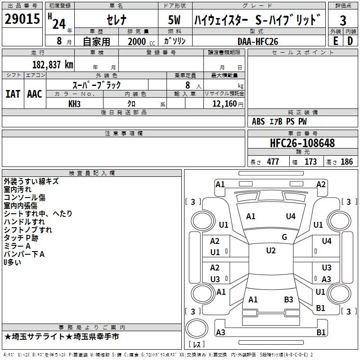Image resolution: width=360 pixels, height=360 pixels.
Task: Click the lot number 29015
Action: pyautogui.click(x=22, y=19)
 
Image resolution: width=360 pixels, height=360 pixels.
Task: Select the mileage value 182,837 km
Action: pyautogui.click(x=53, y=65)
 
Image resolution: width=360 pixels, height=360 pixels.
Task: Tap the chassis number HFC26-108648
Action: pyautogui.click(x=302, y=143)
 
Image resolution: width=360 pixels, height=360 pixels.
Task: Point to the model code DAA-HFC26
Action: pyautogui.click(x=258, y=41)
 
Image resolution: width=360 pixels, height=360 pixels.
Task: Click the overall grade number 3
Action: pyautogui.click(x=343, y=21)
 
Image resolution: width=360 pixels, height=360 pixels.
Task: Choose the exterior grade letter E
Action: pyautogui.click(x=336, y=41)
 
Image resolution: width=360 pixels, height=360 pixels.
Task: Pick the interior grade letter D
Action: pyautogui.click(x=350, y=41)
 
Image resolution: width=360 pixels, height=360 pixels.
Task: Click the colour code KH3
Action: pyautogui.click(x=74, y=104)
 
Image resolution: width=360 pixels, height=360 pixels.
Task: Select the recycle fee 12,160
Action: pyautogui.click(x=224, y=104)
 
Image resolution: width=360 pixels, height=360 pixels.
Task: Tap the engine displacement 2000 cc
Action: pyautogui.click(x=141, y=41)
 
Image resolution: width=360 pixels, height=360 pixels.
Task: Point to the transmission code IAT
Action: pyautogui.click(x=13, y=94)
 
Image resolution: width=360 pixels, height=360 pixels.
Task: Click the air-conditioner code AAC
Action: pyautogui.click(x=35, y=94)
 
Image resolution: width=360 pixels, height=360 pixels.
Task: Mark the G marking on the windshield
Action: pyautogui.click(x=284, y=237)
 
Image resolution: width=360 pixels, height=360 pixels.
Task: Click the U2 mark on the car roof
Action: pyautogui.click(x=271, y=251)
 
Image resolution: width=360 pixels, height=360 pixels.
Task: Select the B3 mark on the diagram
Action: pyautogui.click(x=288, y=300)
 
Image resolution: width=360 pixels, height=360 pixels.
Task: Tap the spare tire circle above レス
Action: pyautogui.click(x=197, y=328)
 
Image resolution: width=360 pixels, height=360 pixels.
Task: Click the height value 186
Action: pyautogui.click(x=346, y=162)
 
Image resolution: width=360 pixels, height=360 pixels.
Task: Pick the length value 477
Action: pyautogui.click(x=273, y=162)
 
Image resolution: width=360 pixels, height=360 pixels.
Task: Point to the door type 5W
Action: pyautogui.click(x=174, y=20)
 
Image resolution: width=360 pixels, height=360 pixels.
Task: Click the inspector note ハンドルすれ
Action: pyautogui.click(x=25, y=222)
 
